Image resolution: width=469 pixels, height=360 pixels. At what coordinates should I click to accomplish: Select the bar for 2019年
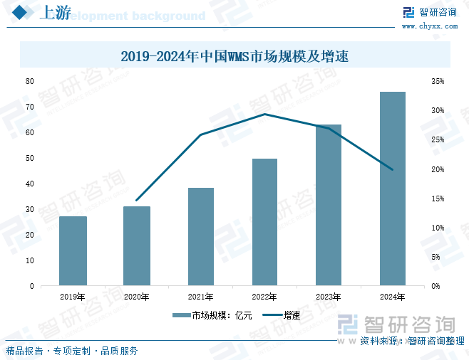[x=73, y=250]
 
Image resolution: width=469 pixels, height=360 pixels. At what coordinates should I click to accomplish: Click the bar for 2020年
[x=137, y=245]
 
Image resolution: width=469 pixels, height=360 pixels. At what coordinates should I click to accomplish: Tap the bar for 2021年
[x=201, y=236]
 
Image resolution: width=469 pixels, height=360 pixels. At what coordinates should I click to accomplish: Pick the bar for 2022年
[x=264, y=221]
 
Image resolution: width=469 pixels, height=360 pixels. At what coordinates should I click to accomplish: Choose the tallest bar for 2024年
[x=392, y=189]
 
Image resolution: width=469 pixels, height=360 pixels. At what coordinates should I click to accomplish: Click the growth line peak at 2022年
[x=264, y=114]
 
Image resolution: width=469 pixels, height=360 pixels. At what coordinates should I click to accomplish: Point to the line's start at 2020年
[x=137, y=201]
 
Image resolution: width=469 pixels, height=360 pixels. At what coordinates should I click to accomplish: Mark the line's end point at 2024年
[x=392, y=169]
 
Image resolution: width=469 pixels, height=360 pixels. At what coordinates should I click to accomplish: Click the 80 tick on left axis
[x=30, y=81]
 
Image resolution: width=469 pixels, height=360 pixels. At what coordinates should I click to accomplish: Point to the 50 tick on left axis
[x=30, y=158]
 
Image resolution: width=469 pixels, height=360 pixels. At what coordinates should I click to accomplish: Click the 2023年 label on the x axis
[x=328, y=297]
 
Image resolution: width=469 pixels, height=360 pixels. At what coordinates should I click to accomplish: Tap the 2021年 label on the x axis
[x=201, y=297]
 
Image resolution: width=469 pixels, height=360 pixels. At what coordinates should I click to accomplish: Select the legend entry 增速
[x=282, y=315]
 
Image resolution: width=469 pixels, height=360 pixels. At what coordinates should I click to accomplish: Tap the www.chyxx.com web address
[x=430, y=26]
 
